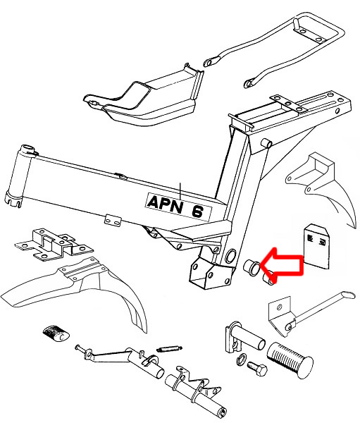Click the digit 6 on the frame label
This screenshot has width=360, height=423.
197,210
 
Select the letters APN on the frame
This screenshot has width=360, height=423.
165,204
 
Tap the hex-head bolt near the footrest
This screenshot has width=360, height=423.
257,369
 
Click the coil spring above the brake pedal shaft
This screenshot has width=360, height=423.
169,348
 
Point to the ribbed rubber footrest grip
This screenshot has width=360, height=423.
290,360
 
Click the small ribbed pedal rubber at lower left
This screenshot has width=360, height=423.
56,333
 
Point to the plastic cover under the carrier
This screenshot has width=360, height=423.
143,100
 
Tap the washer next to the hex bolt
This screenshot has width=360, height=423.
241,359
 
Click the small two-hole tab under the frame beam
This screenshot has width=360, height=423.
112,220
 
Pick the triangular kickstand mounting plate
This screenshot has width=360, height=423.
280,316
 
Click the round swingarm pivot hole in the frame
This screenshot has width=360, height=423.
230,256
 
